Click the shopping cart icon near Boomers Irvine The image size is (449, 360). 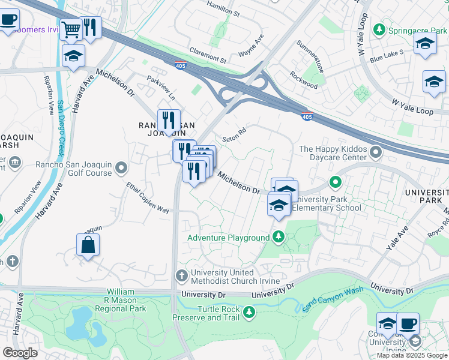[x=71, y=28]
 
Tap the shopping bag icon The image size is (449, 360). [x=88, y=245]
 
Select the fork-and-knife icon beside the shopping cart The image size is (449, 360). [x=91, y=28]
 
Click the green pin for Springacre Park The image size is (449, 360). [x=379, y=29]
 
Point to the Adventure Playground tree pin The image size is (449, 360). [x=278, y=238]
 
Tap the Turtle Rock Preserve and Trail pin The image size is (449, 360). [x=249, y=312]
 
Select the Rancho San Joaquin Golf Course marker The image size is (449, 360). [x=121, y=167]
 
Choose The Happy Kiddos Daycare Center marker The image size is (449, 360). [x=376, y=153]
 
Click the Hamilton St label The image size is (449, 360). [x=223, y=8]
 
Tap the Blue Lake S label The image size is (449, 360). [x=387, y=56]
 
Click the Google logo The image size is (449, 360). [x=20, y=353]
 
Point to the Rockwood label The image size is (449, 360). [x=303, y=80]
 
